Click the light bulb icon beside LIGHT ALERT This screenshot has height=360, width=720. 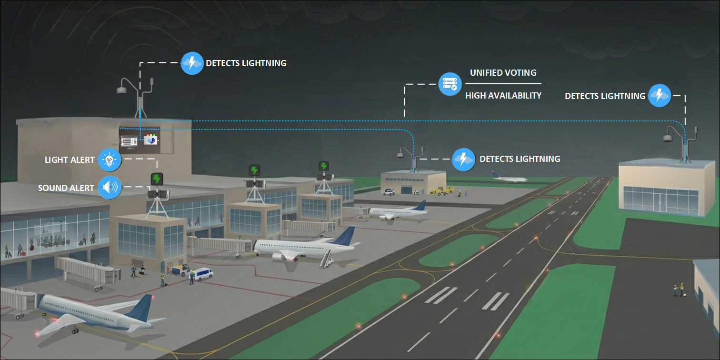click(x=110, y=160)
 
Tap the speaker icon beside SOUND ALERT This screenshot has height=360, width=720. click(x=110, y=188)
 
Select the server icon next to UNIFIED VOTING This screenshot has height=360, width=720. click(x=450, y=84)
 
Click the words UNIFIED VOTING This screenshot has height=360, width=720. click(x=503, y=73)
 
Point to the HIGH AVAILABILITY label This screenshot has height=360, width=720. click(x=503, y=96)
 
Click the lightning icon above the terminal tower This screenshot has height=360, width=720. click(x=192, y=62)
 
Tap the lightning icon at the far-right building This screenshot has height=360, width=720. click(x=659, y=95)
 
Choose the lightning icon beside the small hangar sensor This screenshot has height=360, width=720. click(x=463, y=159)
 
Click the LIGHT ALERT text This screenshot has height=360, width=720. click(x=70, y=160)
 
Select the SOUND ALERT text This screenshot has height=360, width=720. click(x=66, y=188)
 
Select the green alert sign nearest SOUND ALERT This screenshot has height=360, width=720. click(x=156, y=179)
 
